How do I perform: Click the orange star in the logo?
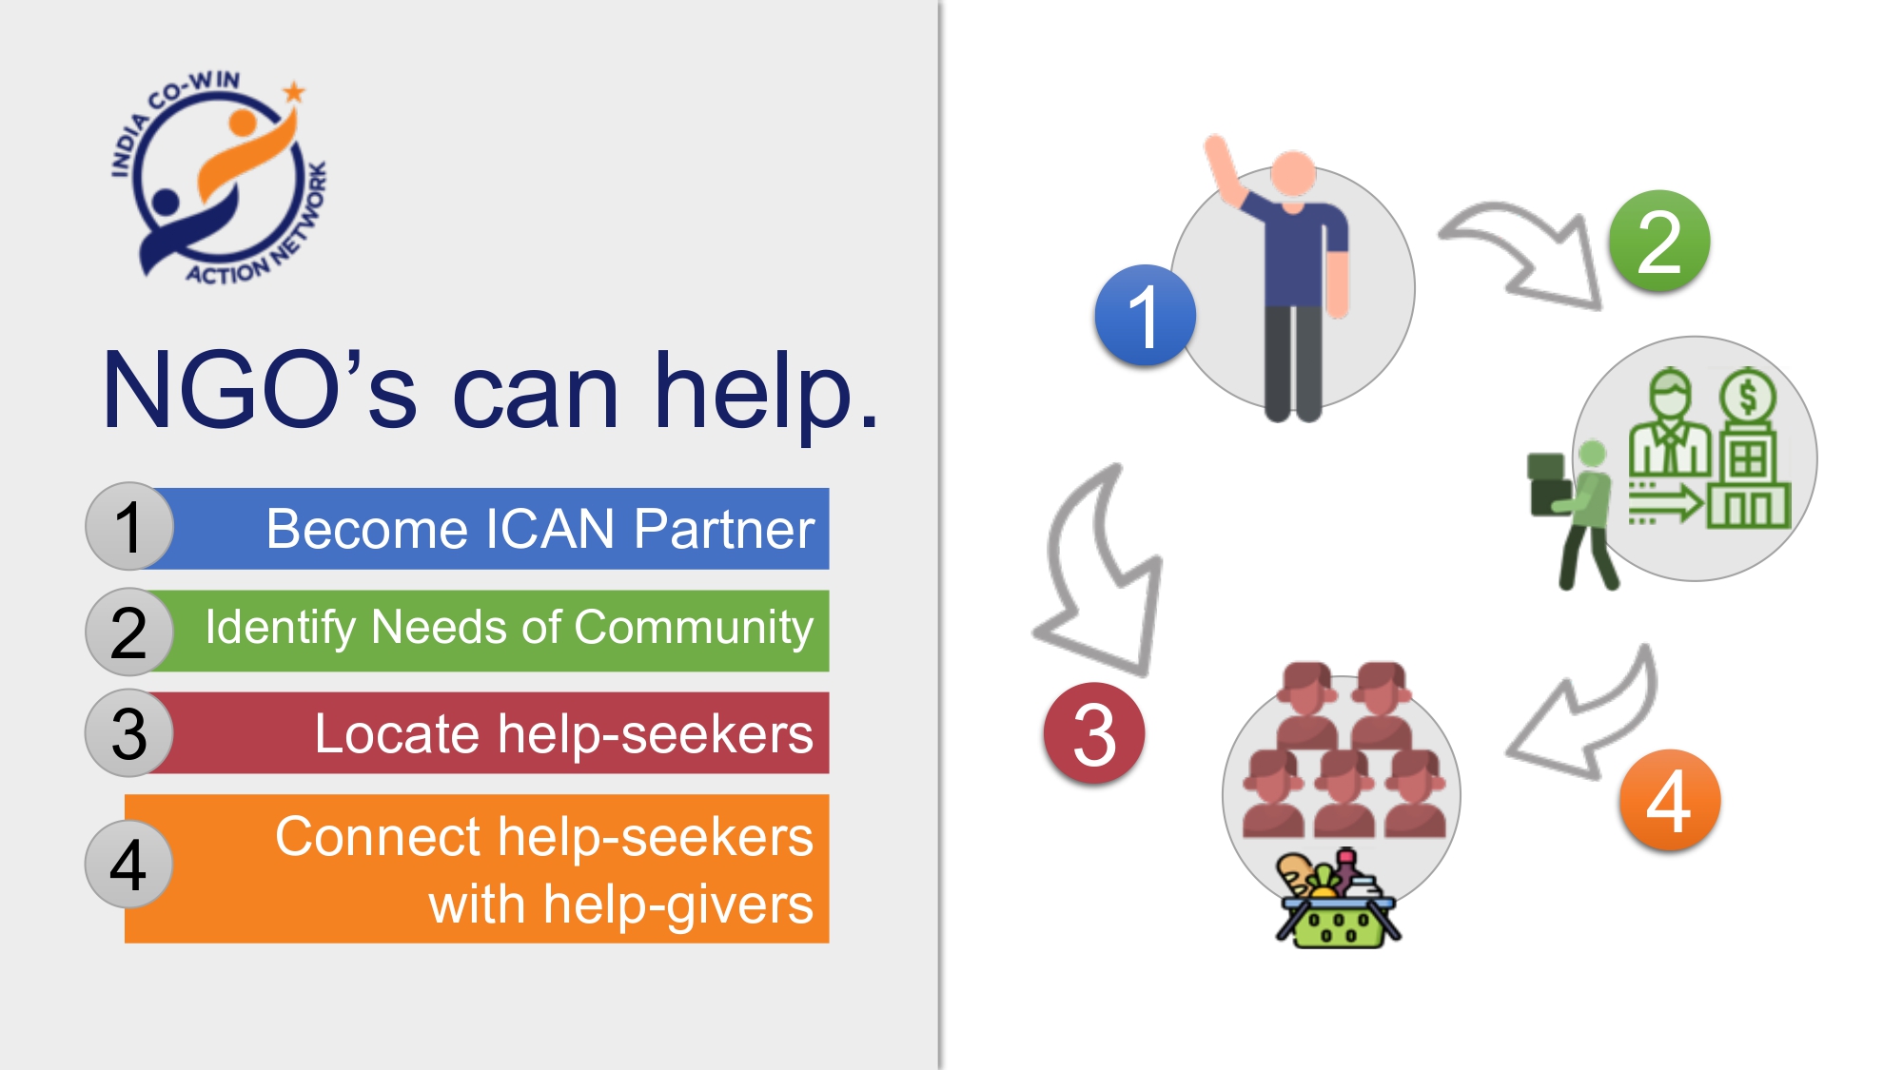294,92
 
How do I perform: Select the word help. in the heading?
766,392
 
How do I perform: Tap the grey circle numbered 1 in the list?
129,527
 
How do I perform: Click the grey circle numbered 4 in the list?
129,865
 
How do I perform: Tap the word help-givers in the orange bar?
678,904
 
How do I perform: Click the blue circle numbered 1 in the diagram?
1145,316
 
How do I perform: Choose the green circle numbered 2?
1659,242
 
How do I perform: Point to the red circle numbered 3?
1094,733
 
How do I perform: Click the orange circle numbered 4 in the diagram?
1670,801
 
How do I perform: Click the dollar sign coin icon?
1748,395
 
